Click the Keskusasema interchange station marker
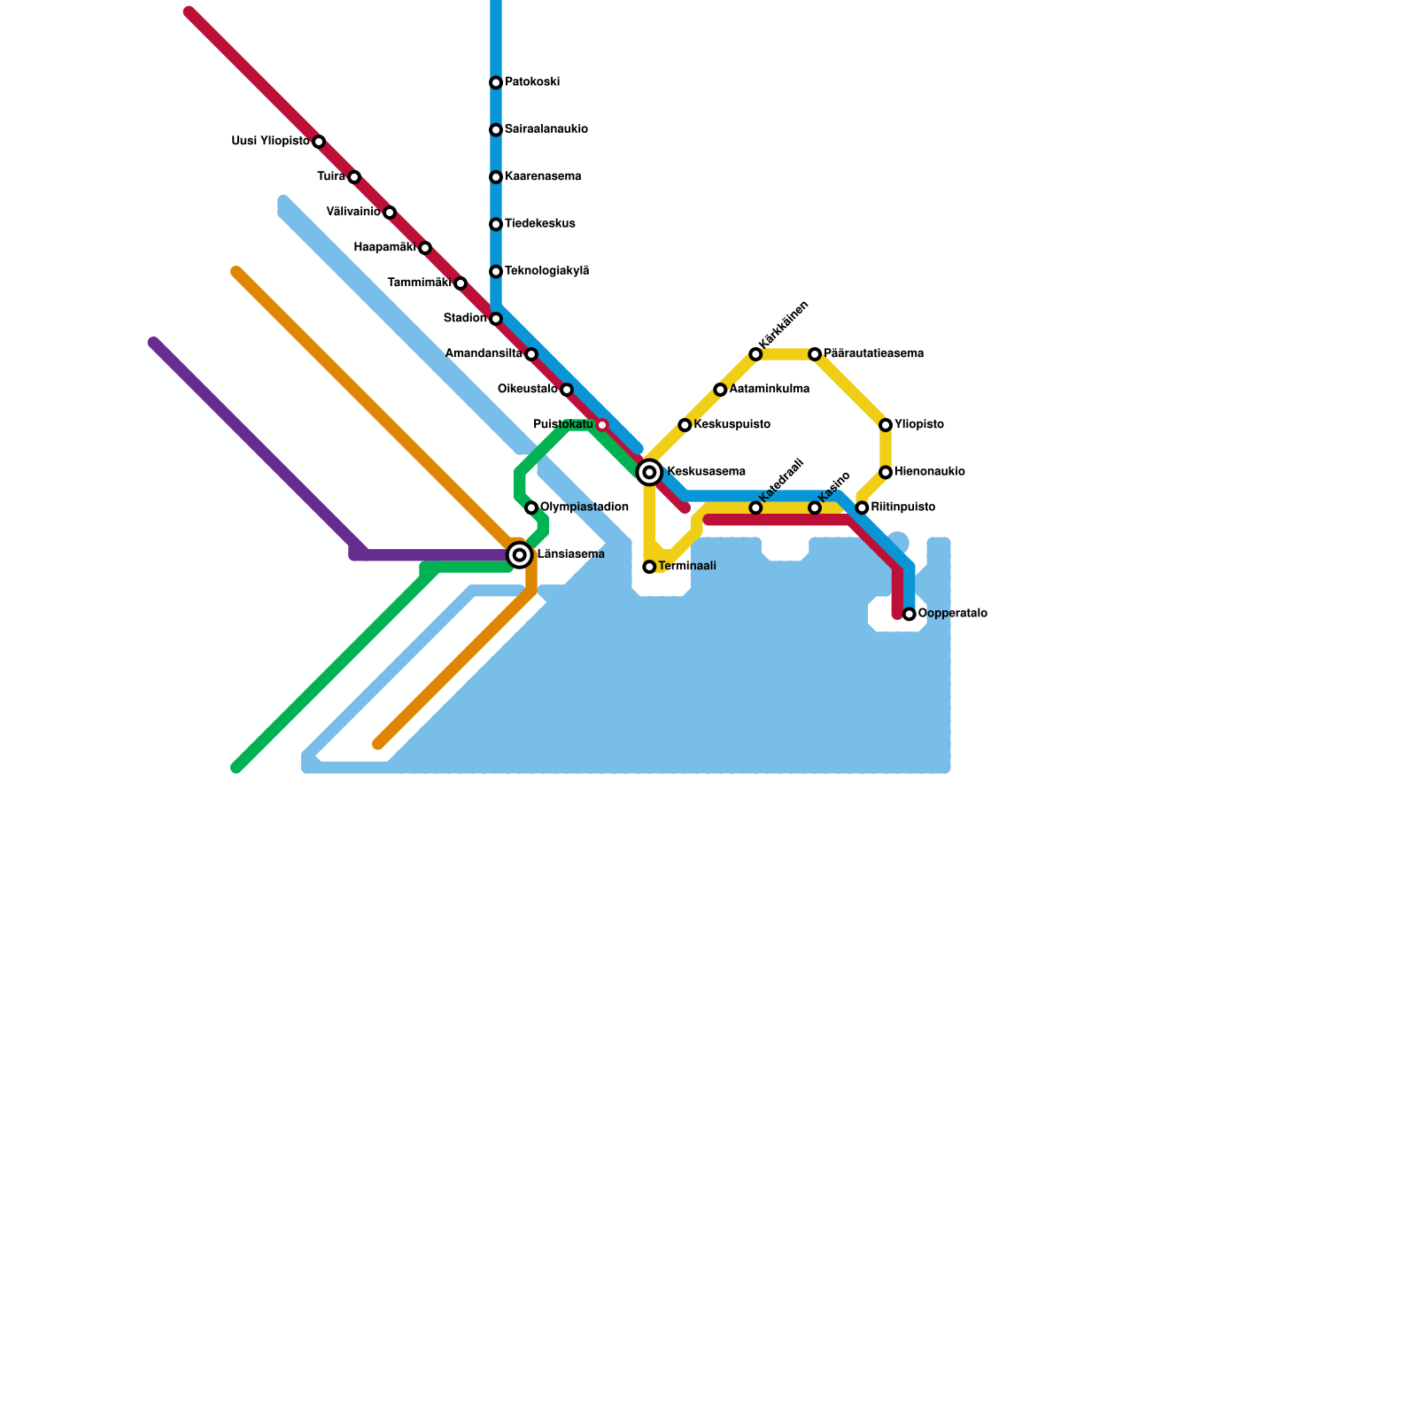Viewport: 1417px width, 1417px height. [x=649, y=472]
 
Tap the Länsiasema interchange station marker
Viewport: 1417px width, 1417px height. [x=520, y=555]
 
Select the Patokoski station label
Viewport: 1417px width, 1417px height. [x=531, y=82]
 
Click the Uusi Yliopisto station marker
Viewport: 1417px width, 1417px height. [x=319, y=142]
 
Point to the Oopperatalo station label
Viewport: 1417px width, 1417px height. [x=952, y=614]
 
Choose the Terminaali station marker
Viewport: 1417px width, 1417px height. [x=649, y=567]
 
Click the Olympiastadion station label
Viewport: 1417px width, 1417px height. [x=584, y=507]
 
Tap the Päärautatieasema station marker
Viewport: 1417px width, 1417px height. [x=815, y=354]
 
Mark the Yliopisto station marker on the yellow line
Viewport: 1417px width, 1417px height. [x=886, y=425]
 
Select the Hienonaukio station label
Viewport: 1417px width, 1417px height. [x=929, y=472]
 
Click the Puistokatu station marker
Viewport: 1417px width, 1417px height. [x=602, y=425]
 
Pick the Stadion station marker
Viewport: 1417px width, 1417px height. [x=496, y=319]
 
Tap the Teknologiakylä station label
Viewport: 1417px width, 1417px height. [x=546, y=271]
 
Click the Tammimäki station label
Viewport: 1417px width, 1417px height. [x=419, y=283]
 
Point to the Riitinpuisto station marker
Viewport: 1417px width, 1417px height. [x=862, y=507]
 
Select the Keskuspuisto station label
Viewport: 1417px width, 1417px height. [x=732, y=425]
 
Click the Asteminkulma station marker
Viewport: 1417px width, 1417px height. [x=720, y=390]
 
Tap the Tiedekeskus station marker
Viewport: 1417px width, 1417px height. [x=496, y=224]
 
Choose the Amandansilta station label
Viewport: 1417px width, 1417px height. [x=483, y=354]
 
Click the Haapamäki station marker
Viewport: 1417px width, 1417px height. [x=425, y=248]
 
